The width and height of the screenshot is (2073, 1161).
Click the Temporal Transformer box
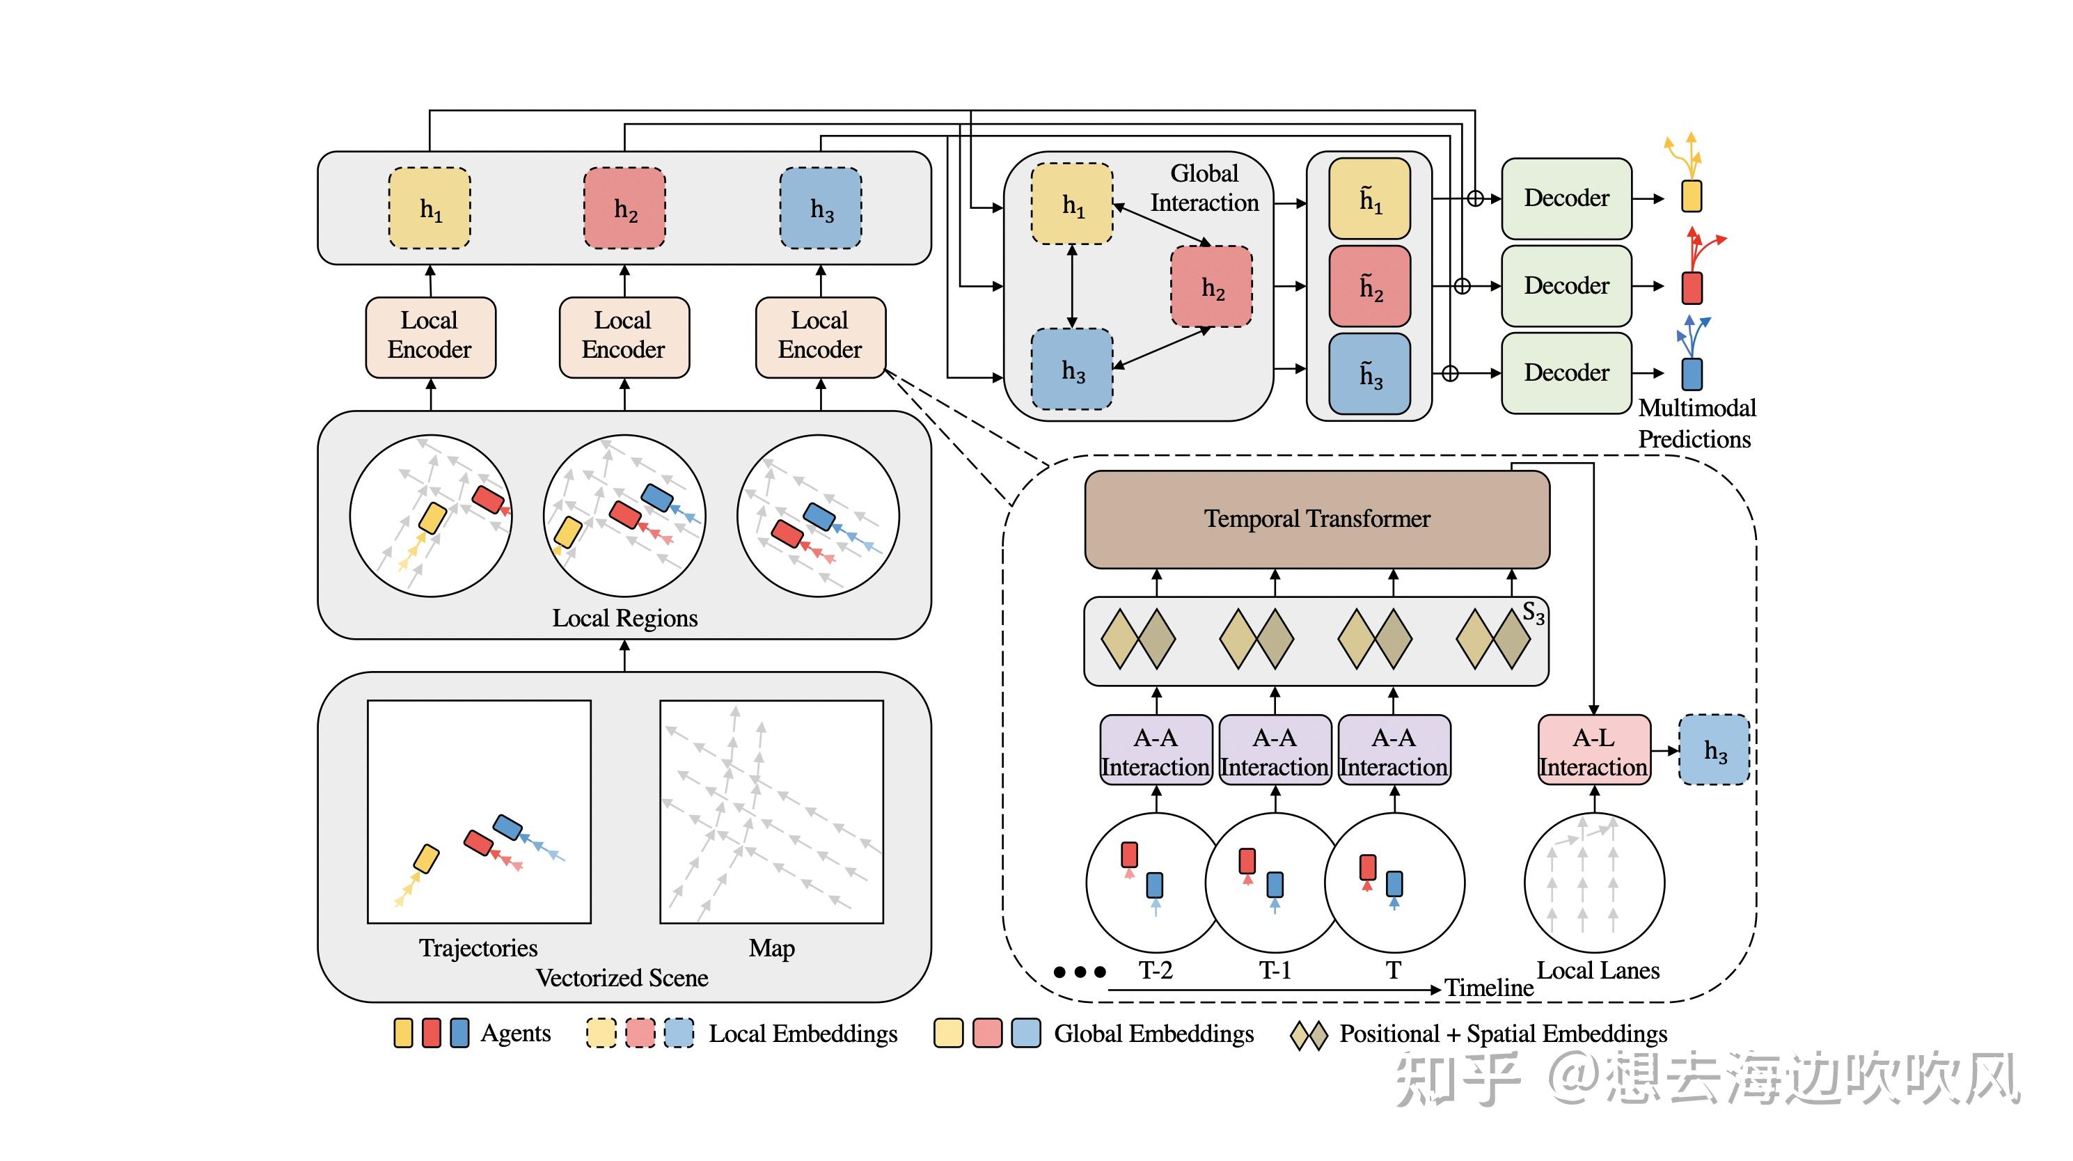click(x=1316, y=519)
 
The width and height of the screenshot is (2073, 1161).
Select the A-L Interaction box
click(x=1593, y=750)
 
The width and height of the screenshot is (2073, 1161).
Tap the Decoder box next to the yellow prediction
click(x=1566, y=198)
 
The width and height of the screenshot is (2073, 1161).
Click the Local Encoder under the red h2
click(x=624, y=335)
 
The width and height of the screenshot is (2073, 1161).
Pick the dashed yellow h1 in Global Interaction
click(x=1072, y=205)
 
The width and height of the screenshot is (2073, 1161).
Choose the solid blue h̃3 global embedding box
click(x=1369, y=374)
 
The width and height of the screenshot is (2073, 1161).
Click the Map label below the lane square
click(x=771, y=948)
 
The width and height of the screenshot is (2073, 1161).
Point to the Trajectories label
click(x=478, y=948)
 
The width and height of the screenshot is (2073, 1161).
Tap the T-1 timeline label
click(x=1275, y=970)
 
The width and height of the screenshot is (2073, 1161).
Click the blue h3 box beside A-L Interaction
click(x=1714, y=750)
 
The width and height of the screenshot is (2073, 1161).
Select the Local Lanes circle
click(x=1593, y=883)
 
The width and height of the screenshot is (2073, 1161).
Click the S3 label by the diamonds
click(x=1533, y=614)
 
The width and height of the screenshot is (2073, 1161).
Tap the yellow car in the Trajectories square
click(x=427, y=858)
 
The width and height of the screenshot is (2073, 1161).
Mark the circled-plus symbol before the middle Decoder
click(x=1463, y=285)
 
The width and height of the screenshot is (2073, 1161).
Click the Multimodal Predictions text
click(x=1696, y=423)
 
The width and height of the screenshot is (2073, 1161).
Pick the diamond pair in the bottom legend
click(x=1309, y=1035)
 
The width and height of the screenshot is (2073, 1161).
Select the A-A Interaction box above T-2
click(x=1156, y=750)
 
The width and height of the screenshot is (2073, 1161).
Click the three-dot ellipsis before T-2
click(x=1080, y=972)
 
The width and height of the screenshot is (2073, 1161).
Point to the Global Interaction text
click(x=1204, y=187)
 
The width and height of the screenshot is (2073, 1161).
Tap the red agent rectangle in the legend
click(x=432, y=1033)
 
